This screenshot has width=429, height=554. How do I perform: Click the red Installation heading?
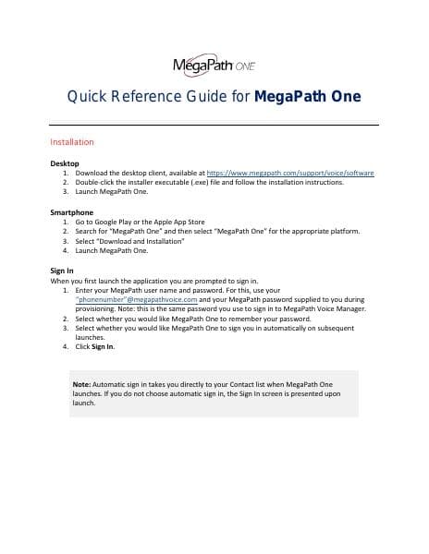(79, 142)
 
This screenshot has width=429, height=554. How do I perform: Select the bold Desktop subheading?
(64, 163)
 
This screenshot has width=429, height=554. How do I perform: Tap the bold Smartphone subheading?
(71, 212)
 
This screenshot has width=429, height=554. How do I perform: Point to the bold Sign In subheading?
(61, 271)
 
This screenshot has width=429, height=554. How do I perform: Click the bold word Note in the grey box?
(81, 382)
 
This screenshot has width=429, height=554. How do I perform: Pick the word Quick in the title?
(89, 97)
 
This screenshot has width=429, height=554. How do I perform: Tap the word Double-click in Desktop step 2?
(95, 182)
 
